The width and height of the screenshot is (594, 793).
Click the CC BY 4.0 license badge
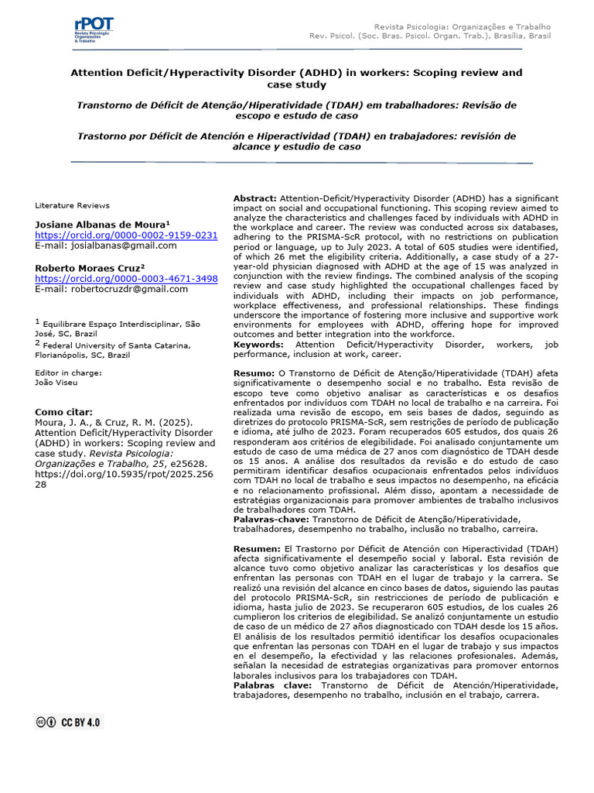point(69,722)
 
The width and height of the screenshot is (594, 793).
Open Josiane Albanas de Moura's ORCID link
point(126,235)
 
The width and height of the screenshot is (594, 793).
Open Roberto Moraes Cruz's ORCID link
point(126,278)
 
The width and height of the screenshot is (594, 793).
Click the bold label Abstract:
point(255,199)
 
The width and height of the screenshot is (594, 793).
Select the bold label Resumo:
point(254,372)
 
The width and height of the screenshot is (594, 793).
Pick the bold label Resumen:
point(258,548)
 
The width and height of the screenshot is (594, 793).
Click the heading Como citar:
point(63,411)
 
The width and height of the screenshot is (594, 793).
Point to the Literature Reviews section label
point(73,205)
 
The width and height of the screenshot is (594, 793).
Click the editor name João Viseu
point(57,383)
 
